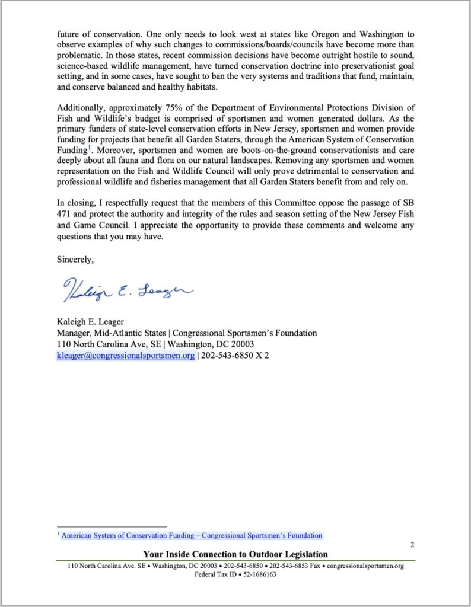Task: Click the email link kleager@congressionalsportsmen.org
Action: coord(125,356)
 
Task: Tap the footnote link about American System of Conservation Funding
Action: coord(192,535)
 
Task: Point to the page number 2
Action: coord(412,544)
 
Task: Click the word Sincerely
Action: coord(75,259)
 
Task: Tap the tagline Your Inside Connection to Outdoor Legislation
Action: coord(235,554)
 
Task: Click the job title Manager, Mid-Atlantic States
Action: coord(110,333)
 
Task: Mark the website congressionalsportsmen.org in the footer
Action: coord(365,566)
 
